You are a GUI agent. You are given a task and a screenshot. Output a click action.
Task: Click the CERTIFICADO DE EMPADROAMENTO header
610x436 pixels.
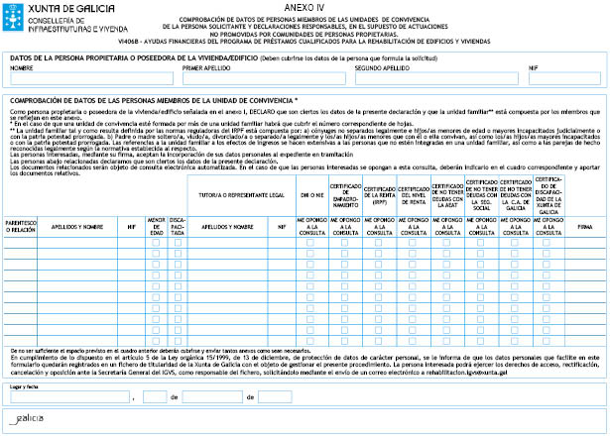(x=346, y=193)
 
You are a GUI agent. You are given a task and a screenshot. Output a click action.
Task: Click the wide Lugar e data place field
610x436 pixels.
(x=69, y=396)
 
